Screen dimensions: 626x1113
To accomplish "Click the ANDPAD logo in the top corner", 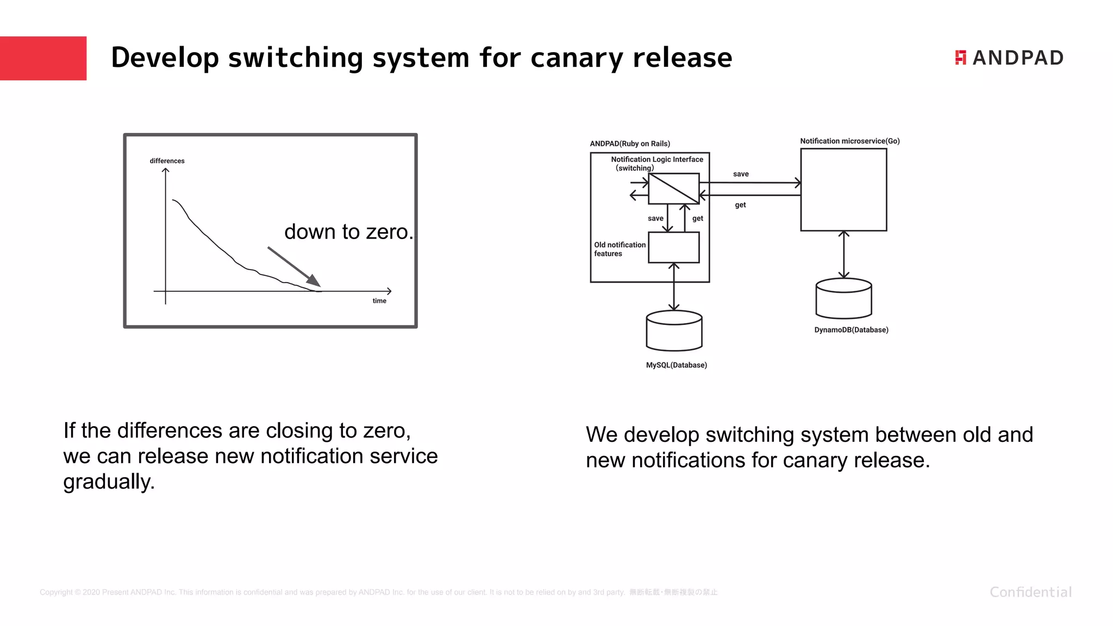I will [1009, 58].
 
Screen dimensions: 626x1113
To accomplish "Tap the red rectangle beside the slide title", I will [43, 58].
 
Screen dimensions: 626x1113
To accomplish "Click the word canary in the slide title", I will [577, 58].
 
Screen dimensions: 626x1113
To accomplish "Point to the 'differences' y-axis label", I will [167, 161].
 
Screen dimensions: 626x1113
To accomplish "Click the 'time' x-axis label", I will [379, 301].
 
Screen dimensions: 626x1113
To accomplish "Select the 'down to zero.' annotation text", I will [348, 231].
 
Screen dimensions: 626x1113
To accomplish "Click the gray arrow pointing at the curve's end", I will [293, 266].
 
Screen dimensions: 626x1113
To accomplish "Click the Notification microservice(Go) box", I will [843, 190].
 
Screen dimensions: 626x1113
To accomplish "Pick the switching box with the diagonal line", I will [674, 189].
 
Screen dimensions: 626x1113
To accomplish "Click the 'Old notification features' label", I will [620, 249].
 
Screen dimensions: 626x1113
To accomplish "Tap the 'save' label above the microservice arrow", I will [741, 174].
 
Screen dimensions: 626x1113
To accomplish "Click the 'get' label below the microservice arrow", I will [740, 205].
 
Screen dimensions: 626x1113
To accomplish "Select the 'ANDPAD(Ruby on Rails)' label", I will [630, 143].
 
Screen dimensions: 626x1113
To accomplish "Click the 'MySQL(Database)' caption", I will [676, 365].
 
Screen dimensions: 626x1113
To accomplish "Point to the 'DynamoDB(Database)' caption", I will [851, 330].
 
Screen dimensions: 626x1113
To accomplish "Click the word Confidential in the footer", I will [1030, 592].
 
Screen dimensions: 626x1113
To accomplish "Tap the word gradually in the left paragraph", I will [109, 481].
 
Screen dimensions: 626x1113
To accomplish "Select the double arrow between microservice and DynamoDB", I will [843, 254].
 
